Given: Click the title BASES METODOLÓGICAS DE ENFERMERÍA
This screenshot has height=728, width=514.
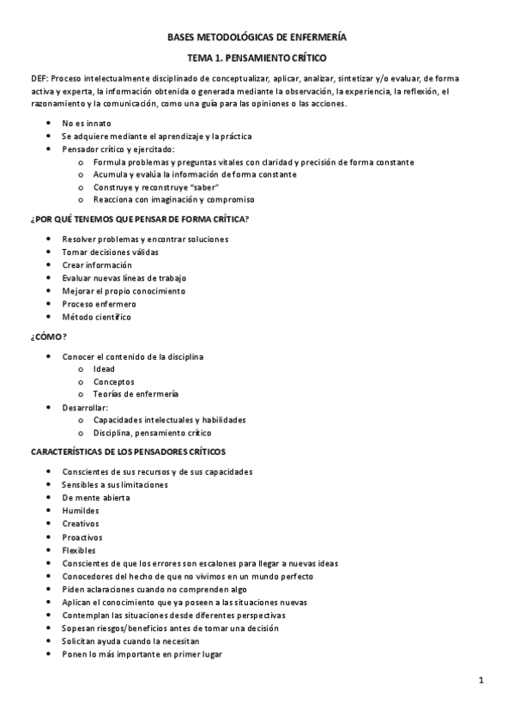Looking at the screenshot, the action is (x=257, y=37).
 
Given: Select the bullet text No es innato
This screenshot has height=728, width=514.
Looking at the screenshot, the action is (x=86, y=123).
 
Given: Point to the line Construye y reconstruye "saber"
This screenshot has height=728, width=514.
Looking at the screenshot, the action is (x=157, y=187).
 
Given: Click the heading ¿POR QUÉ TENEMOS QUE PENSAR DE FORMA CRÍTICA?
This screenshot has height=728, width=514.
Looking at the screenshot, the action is (x=139, y=219).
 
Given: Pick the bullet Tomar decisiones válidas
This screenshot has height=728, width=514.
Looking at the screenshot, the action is (x=110, y=252).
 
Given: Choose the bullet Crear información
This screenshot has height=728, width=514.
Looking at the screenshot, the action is (x=96, y=264).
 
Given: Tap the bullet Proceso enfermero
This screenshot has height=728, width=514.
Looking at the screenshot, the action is (x=99, y=304).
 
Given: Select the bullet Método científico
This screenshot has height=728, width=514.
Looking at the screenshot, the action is (x=96, y=317).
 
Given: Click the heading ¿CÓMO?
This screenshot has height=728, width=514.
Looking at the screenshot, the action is (x=48, y=337).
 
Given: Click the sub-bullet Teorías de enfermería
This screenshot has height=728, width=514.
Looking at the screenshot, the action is (x=136, y=394).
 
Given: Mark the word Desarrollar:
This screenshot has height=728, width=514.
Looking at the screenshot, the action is (x=85, y=407).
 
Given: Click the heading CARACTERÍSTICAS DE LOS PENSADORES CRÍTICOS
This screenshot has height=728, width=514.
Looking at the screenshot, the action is (x=129, y=452).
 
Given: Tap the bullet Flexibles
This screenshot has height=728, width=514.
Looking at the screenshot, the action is (x=79, y=550).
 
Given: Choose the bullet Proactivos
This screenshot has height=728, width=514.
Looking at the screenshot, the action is (x=82, y=537).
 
